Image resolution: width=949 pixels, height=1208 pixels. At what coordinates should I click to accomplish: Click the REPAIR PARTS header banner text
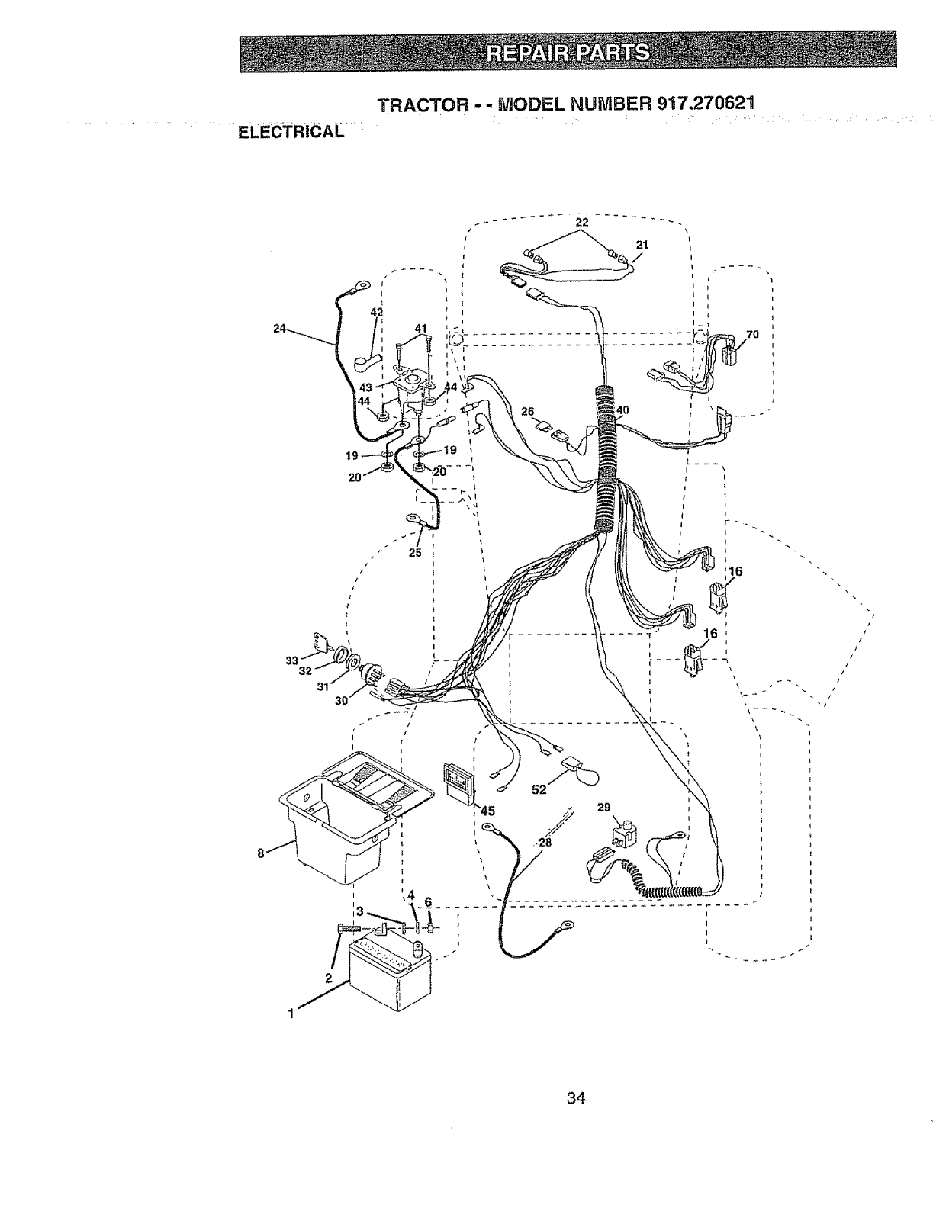[568, 53]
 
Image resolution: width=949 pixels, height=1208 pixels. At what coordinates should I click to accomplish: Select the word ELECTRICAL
[291, 131]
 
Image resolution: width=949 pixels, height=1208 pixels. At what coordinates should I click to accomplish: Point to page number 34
[575, 1098]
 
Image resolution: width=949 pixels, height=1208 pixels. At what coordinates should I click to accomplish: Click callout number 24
[279, 329]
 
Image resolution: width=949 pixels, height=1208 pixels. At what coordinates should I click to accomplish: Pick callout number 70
[752, 334]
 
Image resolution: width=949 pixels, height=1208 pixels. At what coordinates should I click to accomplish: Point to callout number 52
[539, 789]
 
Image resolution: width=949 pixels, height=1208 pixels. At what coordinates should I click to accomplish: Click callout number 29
[603, 807]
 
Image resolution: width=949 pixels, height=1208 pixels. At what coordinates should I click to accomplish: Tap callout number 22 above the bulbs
[582, 222]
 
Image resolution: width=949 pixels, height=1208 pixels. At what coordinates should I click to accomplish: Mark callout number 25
[416, 553]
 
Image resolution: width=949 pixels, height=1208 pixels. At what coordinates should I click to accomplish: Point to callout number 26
[526, 412]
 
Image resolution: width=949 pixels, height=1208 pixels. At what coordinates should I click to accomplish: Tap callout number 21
[642, 244]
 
